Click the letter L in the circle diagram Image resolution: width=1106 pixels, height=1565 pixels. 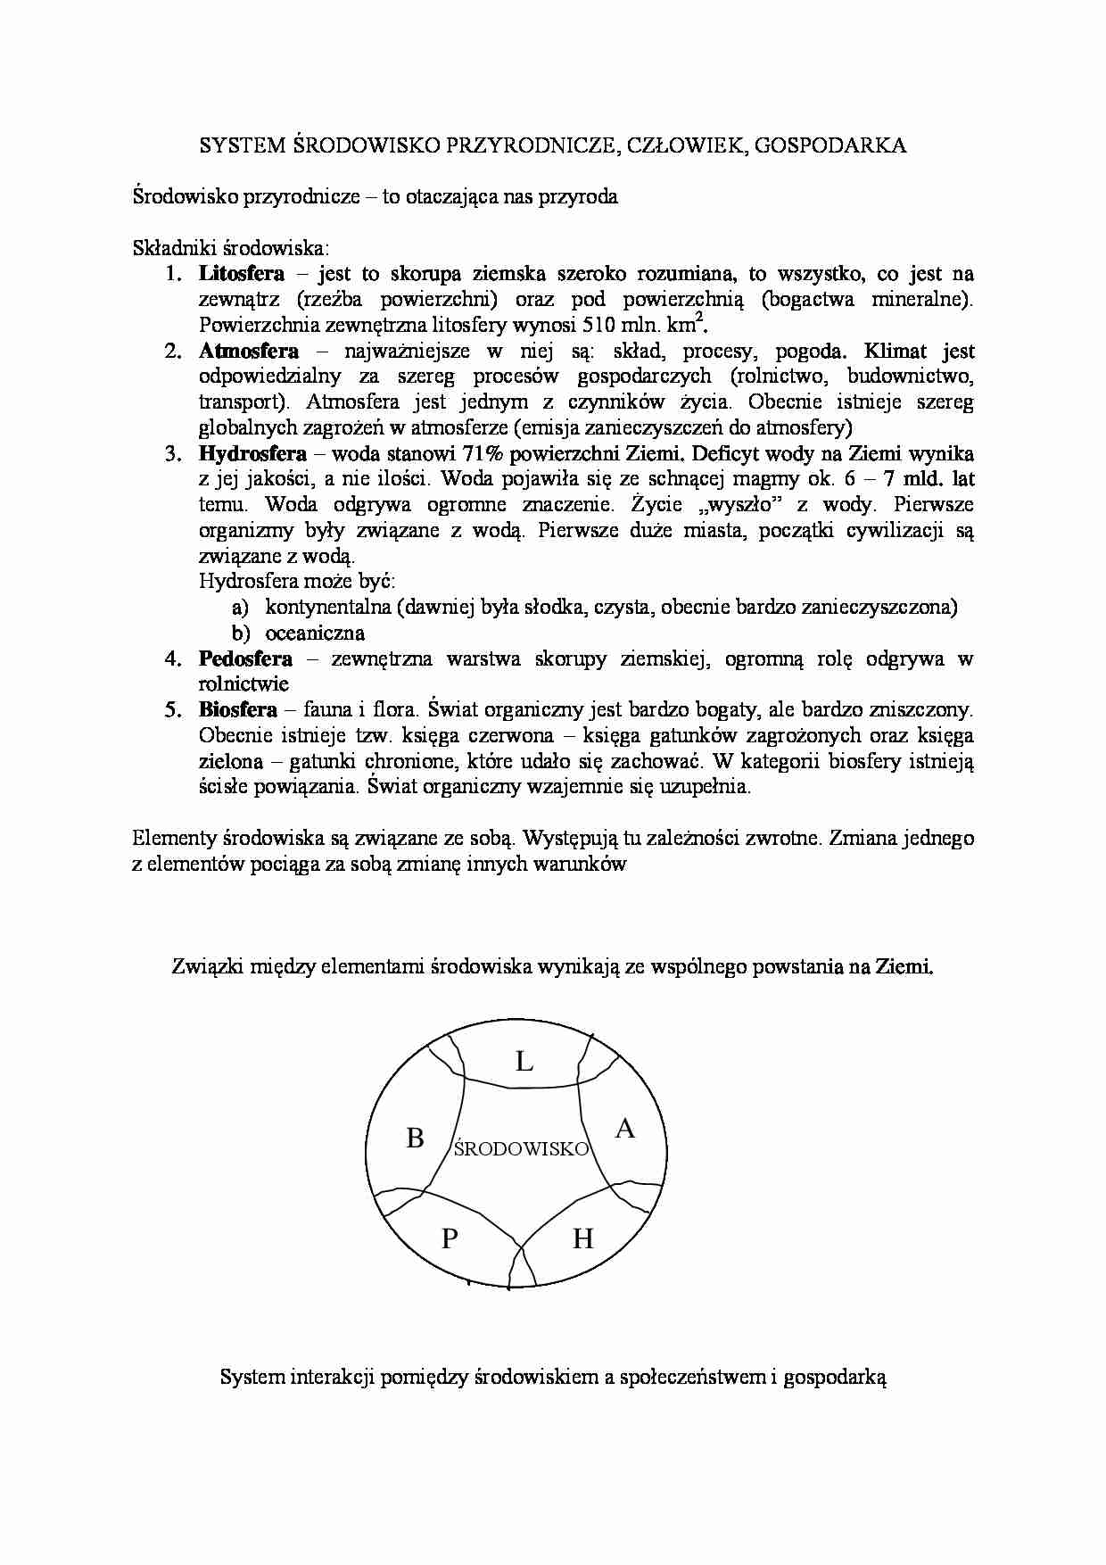524,1062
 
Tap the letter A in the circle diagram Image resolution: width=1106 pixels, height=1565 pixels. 625,1129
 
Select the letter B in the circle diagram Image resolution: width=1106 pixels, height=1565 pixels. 415,1139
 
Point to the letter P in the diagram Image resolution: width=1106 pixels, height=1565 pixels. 450,1238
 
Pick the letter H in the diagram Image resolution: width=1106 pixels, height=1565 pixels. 582,1238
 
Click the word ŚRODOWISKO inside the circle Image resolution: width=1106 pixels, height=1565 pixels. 522,1149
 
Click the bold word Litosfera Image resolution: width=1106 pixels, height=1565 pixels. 242,273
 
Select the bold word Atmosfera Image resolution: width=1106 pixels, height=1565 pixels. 249,351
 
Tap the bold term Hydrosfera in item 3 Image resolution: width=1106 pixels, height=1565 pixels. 253,453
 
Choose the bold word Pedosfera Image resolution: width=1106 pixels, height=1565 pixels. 245,658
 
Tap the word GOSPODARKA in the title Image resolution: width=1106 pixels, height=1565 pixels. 829,145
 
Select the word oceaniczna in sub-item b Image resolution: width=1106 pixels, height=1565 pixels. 315,633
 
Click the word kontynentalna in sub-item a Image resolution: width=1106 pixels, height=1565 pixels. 328,608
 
